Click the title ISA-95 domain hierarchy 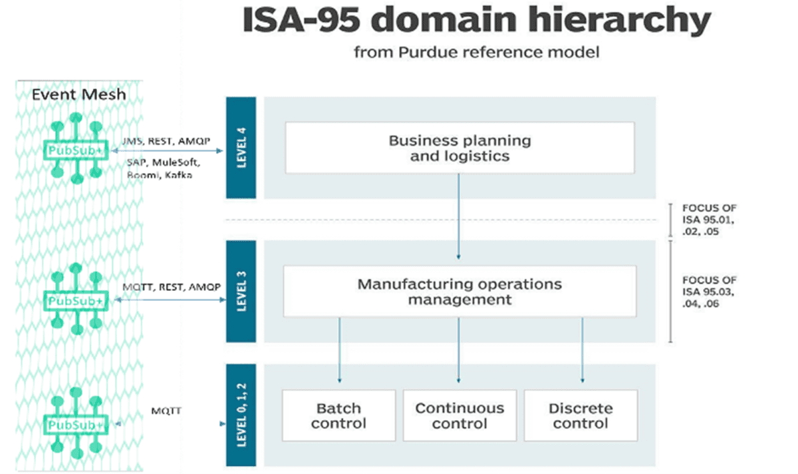475,21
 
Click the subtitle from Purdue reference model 476,51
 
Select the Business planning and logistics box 460,148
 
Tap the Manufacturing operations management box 460,292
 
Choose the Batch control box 338,415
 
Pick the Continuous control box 460,415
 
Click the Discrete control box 581,415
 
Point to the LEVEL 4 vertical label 241,148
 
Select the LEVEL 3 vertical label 241,292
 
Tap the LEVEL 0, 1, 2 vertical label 241,415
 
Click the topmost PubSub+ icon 75,151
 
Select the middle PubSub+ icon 75,300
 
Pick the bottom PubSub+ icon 75,423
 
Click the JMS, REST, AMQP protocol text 166,141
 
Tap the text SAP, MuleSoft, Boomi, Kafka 163,168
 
